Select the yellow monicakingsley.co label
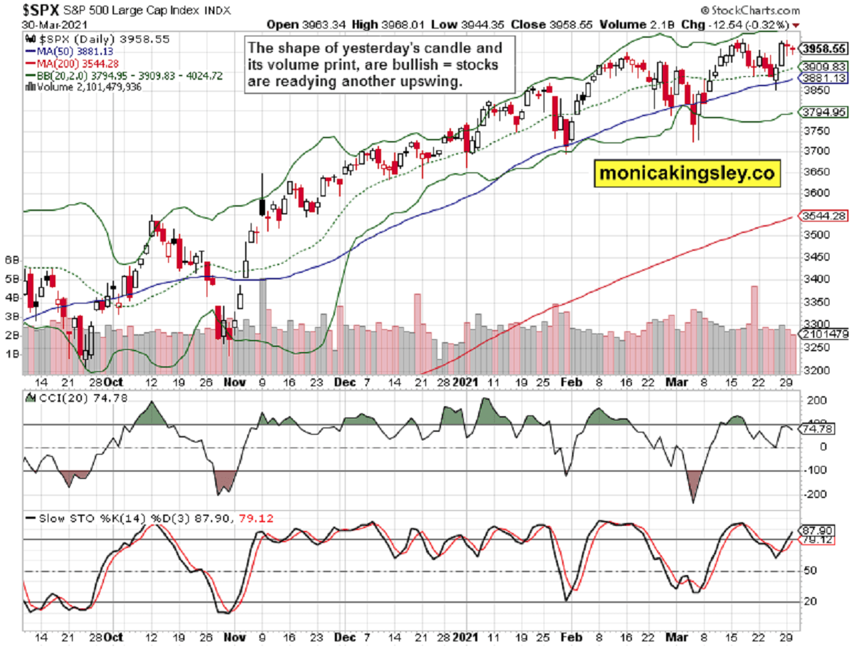pyautogui.click(x=685, y=173)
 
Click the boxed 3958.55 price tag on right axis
pyautogui.click(x=824, y=49)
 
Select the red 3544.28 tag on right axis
pyautogui.click(x=824, y=215)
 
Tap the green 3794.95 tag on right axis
pyautogui.click(x=824, y=112)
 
